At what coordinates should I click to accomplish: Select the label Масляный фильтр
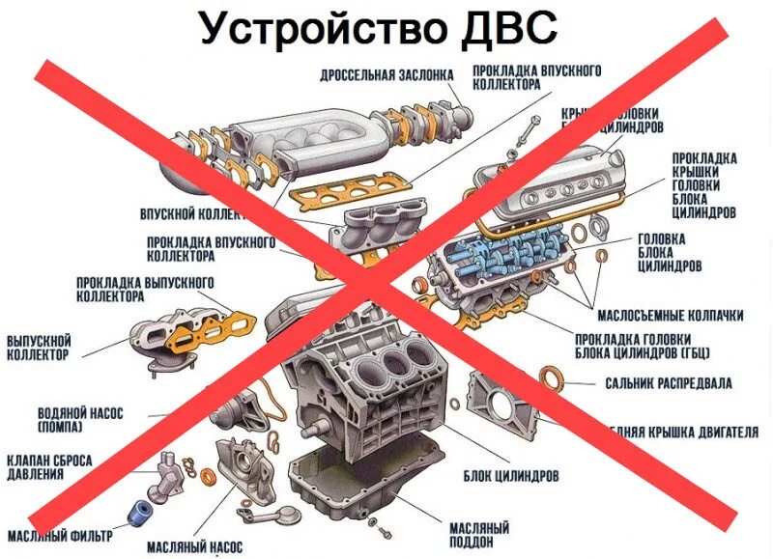(x=60, y=534)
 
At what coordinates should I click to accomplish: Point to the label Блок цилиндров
(x=510, y=476)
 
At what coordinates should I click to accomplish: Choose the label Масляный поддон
(x=480, y=534)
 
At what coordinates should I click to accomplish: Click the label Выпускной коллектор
(x=40, y=349)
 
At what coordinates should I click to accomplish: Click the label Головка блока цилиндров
(x=669, y=252)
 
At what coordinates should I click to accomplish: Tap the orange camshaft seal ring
(x=550, y=377)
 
